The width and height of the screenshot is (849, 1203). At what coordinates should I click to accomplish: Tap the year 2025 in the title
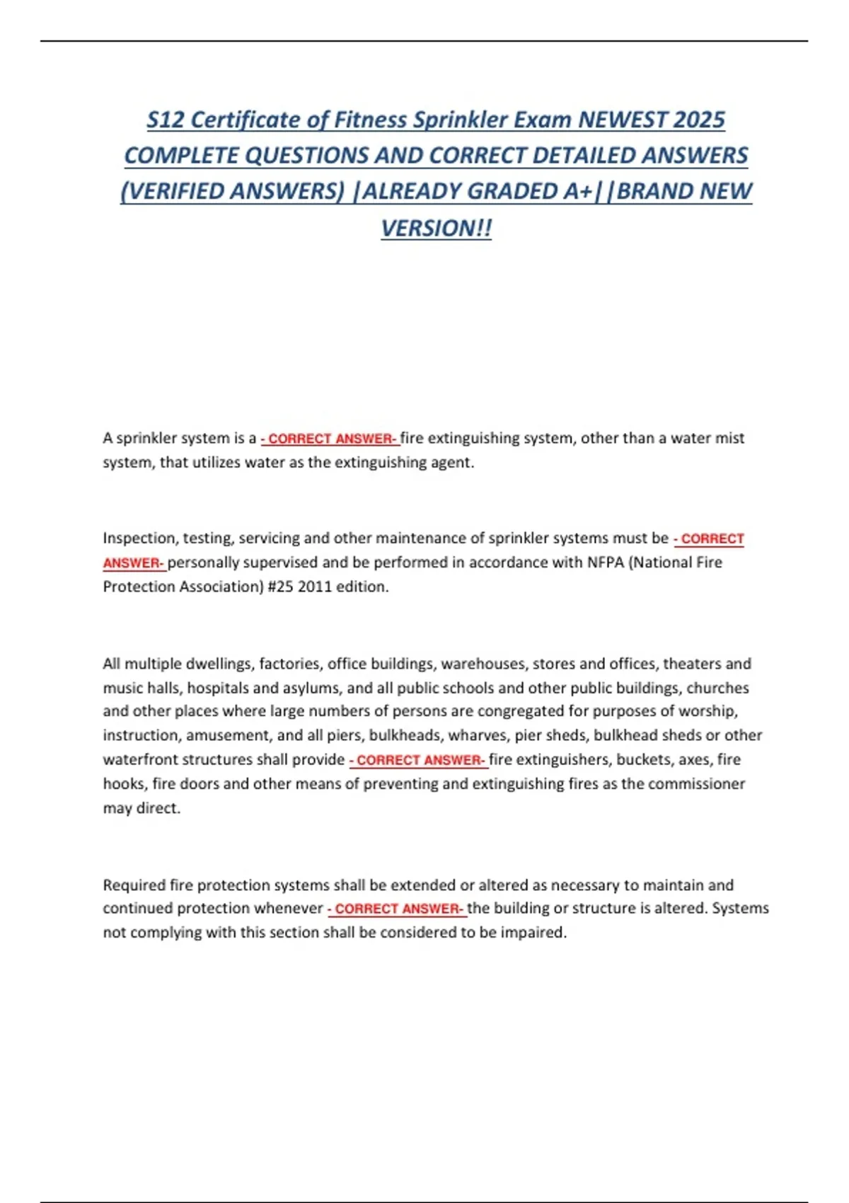tap(699, 120)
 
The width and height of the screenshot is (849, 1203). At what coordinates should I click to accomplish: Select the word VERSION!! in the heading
tap(436, 228)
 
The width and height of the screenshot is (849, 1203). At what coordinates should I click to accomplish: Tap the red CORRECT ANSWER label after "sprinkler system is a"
tap(330, 439)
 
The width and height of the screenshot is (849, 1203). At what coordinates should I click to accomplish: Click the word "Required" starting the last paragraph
tap(134, 885)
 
